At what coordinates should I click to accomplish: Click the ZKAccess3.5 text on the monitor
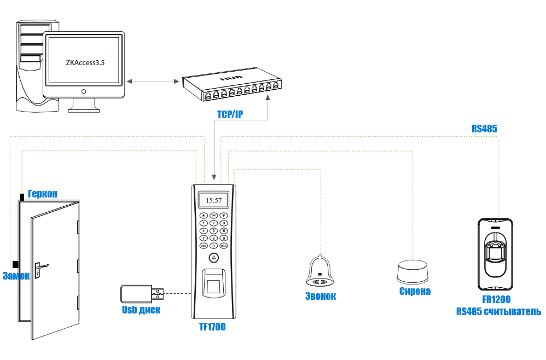(x=85, y=63)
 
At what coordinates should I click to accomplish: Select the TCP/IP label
(x=230, y=114)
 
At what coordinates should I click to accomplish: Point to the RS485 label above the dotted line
(x=484, y=129)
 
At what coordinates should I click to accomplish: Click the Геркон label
(x=43, y=194)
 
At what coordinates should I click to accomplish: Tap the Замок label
(x=16, y=276)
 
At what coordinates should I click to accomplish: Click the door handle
(x=40, y=268)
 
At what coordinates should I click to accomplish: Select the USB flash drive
(x=142, y=294)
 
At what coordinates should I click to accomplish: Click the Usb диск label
(x=141, y=310)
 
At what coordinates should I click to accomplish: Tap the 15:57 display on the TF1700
(x=214, y=200)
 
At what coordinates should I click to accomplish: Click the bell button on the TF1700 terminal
(x=214, y=258)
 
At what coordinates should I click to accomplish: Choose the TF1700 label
(x=212, y=327)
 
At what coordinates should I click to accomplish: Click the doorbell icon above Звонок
(x=320, y=271)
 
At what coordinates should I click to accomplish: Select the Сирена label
(x=415, y=291)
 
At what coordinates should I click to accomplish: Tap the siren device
(x=413, y=271)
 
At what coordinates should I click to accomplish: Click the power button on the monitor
(x=84, y=91)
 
